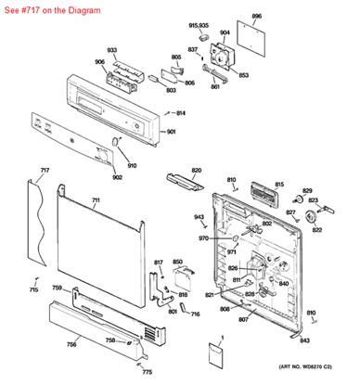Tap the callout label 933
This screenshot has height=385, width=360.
111,49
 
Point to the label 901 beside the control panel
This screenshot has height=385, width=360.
170,132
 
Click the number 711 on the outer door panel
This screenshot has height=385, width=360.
96,200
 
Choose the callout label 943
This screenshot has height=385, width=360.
199,217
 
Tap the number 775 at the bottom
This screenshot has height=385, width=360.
147,372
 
